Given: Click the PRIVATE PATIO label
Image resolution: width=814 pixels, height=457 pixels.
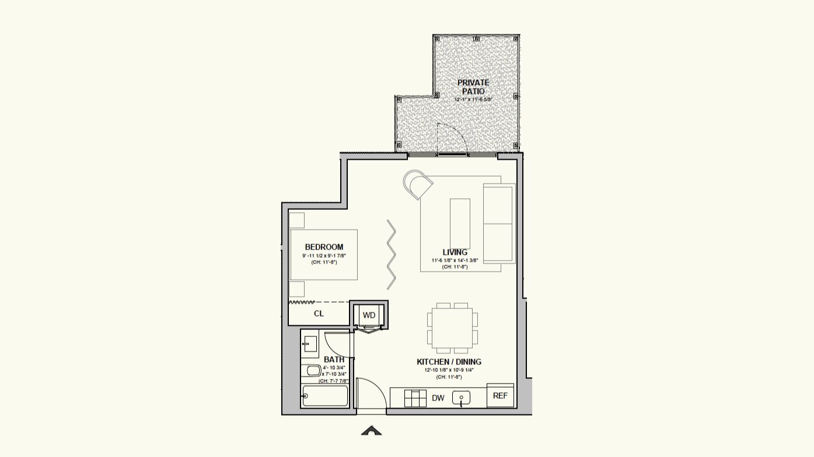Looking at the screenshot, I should (x=473, y=87).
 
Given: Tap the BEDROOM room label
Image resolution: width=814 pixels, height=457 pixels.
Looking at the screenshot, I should (x=324, y=247).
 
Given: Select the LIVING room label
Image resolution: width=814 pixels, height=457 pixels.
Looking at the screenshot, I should (x=455, y=252).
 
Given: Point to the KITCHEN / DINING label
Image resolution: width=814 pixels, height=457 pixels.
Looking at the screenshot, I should (x=449, y=362).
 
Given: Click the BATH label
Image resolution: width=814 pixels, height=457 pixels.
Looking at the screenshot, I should (x=334, y=360).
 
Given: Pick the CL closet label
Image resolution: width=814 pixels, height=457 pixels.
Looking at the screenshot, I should (x=319, y=314).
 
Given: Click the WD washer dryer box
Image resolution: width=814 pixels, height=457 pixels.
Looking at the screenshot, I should (x=369, y=315).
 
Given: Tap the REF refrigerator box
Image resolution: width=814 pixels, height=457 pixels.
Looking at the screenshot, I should (x=500, y=396).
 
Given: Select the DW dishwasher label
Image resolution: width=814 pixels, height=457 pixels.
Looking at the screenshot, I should (x=438, y=399).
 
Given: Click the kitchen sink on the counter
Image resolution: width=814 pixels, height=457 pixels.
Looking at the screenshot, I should (x=462, y=398).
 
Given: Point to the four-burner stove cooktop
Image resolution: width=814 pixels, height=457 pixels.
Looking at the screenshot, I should (x=415, y=398).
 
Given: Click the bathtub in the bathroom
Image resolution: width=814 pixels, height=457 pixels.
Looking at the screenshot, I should (x=325, y=396).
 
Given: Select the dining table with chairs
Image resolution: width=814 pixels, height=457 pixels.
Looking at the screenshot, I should (x=452, y=328).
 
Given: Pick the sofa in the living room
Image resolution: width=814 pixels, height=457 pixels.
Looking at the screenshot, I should (x=499, y=223).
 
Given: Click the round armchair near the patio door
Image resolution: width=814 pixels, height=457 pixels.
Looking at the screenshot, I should (x=418, y=184).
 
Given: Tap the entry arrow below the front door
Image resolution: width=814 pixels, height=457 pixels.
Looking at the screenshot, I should (x=371, y=431).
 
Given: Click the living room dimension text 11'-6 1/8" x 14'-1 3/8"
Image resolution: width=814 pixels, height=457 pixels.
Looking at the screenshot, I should (x=455, y=261).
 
